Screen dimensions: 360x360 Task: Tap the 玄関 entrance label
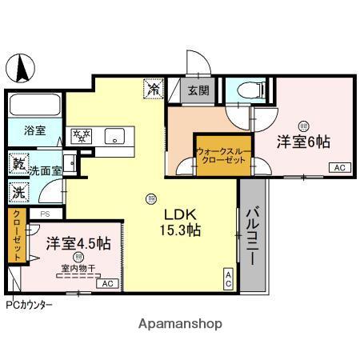[x=199, y=90]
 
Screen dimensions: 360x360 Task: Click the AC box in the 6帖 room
[x=338, y=167]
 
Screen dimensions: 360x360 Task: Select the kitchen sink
[x=116, y=137]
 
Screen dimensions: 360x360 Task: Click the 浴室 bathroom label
[x=34, y=128]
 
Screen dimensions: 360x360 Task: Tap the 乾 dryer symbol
[x=18, y=164]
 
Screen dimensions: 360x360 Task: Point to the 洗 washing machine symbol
[x=17, y=193]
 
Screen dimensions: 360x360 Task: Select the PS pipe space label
[x=45, y=214]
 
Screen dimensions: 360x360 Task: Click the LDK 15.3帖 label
[x=182, y=222]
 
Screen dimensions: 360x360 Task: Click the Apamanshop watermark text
[x=181, y=324]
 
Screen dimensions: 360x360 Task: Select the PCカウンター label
[x=30, y=305]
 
